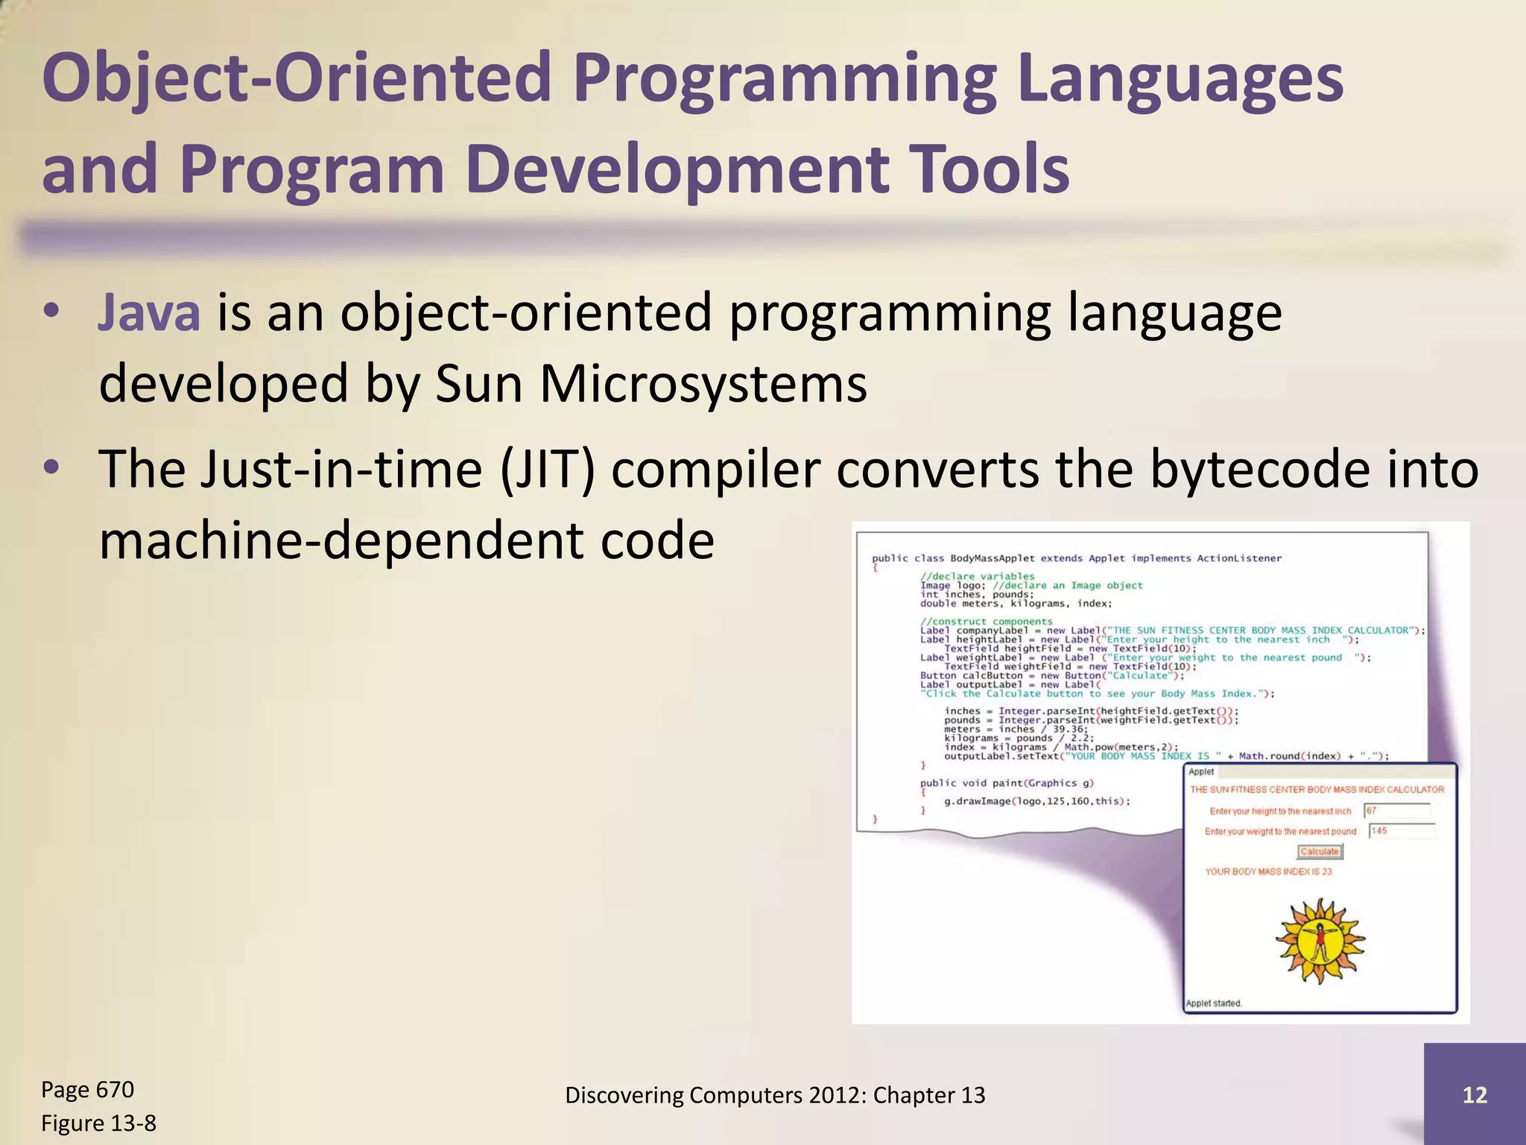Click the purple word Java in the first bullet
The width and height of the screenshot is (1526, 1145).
tap(149, 313)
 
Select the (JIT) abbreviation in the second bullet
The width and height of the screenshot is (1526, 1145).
tap(548, 470)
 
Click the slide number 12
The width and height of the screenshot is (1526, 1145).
tap(1475, 1095)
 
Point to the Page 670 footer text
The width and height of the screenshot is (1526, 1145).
tap(87, 1090)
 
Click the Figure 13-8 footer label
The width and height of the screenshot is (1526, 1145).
tap(98, 1123)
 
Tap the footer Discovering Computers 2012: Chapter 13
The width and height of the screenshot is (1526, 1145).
tap(775, 1095)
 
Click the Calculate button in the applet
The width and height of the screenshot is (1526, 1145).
tap(1320, 851)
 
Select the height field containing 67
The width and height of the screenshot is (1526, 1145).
tap(1396, 811)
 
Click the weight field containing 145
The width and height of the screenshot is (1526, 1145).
tap(1401, 831)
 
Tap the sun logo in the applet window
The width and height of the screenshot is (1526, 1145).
tap(1320, 941)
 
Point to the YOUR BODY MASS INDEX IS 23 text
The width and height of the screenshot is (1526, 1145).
tap(1268, 871)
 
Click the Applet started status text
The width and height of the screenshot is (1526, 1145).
tap(1214, 1003)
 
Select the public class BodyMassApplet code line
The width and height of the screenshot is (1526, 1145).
tap(1077, 558)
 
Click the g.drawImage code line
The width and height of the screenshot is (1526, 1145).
tap(1037, 801)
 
